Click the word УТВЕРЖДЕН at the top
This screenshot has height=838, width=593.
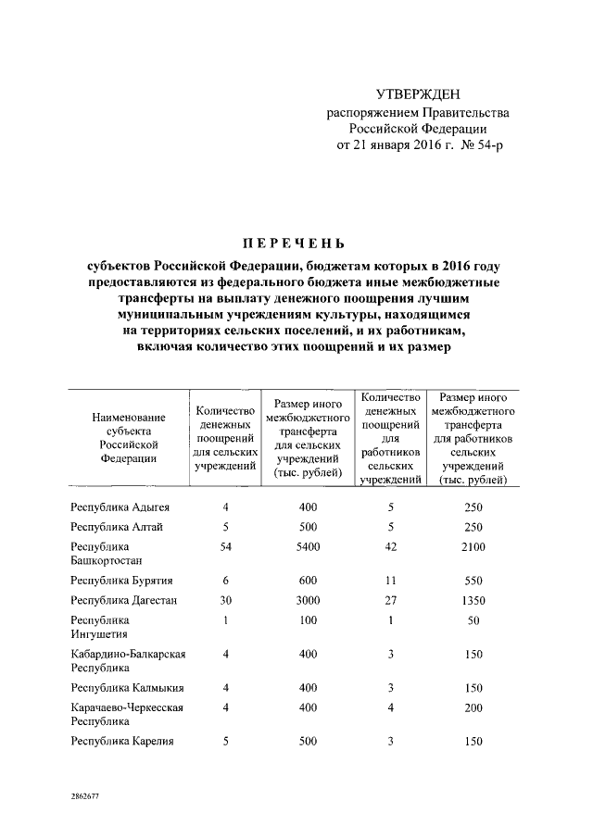click(x=417, y=94)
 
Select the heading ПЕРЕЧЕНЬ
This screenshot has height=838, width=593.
click(x=295, y=244)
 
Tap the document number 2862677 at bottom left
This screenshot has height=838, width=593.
click(x=87, y=794)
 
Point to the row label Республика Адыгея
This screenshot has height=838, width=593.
click(x=120, y=507)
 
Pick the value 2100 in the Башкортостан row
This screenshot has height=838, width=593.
click(x=473, y=547)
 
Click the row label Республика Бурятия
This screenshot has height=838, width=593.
click(x=122, y=581)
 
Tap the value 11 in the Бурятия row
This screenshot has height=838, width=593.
click(x=390, y=581)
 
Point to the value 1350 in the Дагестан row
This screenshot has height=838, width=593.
click(x=473, y=600)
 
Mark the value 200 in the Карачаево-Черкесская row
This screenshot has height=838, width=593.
click(x=473, y=707)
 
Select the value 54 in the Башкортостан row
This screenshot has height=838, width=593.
click(x=224, y=547)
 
